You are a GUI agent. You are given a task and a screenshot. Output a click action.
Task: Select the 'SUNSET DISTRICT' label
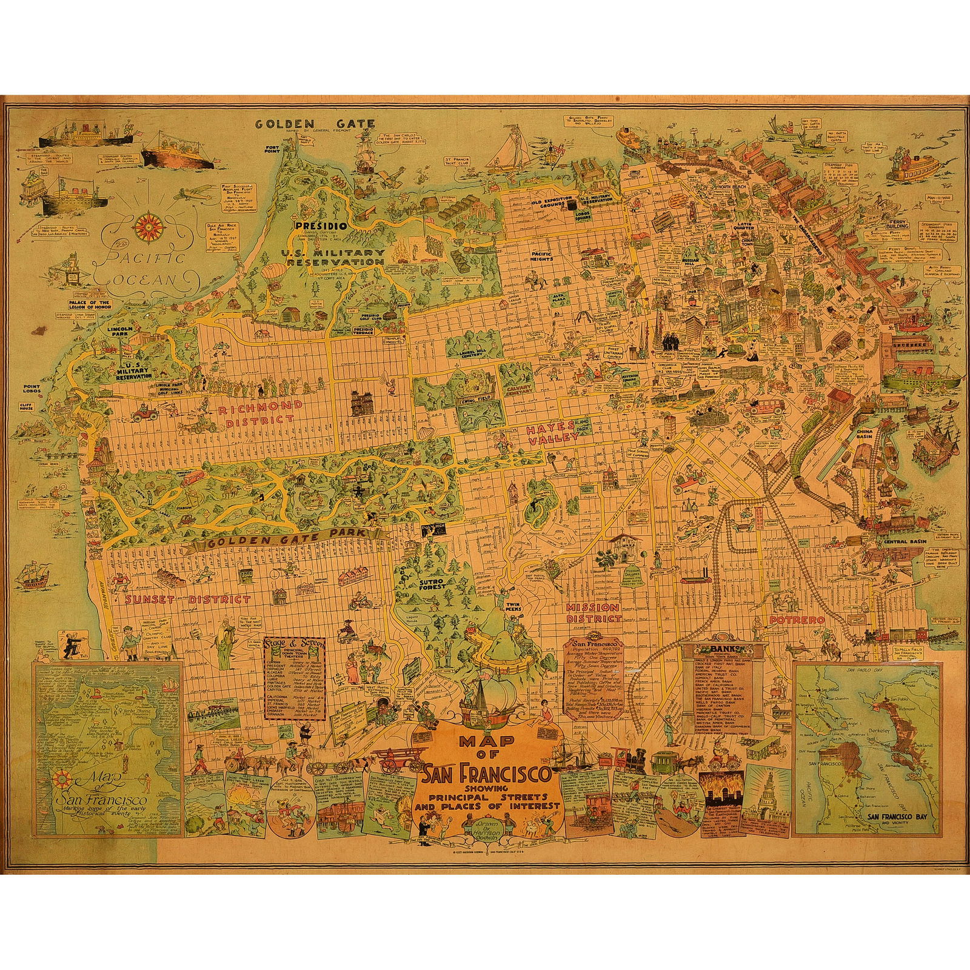click(x=188, y=599)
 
